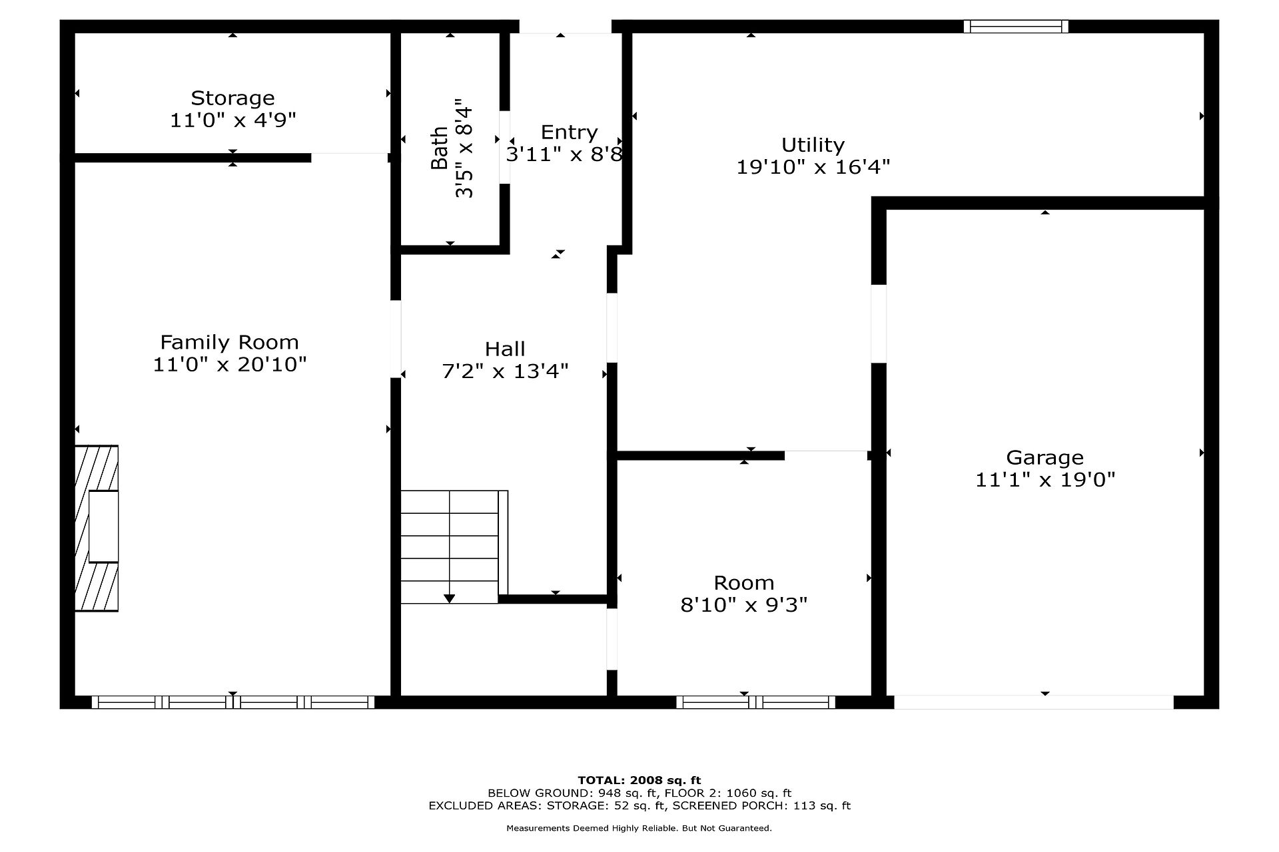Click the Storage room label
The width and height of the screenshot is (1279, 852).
[232, 99]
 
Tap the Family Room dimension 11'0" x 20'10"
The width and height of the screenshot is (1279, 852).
[230, 365]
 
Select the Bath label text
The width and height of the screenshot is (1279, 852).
[440, 148]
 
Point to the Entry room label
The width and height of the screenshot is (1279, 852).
[569, 132]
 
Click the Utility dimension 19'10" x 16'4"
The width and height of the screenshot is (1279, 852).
[813, 167]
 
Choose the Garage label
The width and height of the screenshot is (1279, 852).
[1045, 458]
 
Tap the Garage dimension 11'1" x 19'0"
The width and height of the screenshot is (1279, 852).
[1045, 480]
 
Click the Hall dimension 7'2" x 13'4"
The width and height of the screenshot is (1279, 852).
[505, 371]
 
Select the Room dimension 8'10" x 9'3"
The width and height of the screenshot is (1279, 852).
[744, 605]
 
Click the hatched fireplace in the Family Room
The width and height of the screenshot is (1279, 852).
[97, 529]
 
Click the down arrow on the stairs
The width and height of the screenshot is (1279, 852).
[450, 598]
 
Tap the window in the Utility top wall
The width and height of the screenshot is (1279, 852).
[1016, 27]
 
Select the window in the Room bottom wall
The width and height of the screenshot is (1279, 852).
[755, 702]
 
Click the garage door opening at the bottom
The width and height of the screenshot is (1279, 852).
[1033, 702]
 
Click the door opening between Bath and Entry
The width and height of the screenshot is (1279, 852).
[505, 146]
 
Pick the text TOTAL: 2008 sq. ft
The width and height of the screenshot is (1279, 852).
[639, 780]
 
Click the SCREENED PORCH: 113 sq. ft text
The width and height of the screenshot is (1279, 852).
[761, 805]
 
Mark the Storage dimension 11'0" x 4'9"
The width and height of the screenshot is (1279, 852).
[232, 120]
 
